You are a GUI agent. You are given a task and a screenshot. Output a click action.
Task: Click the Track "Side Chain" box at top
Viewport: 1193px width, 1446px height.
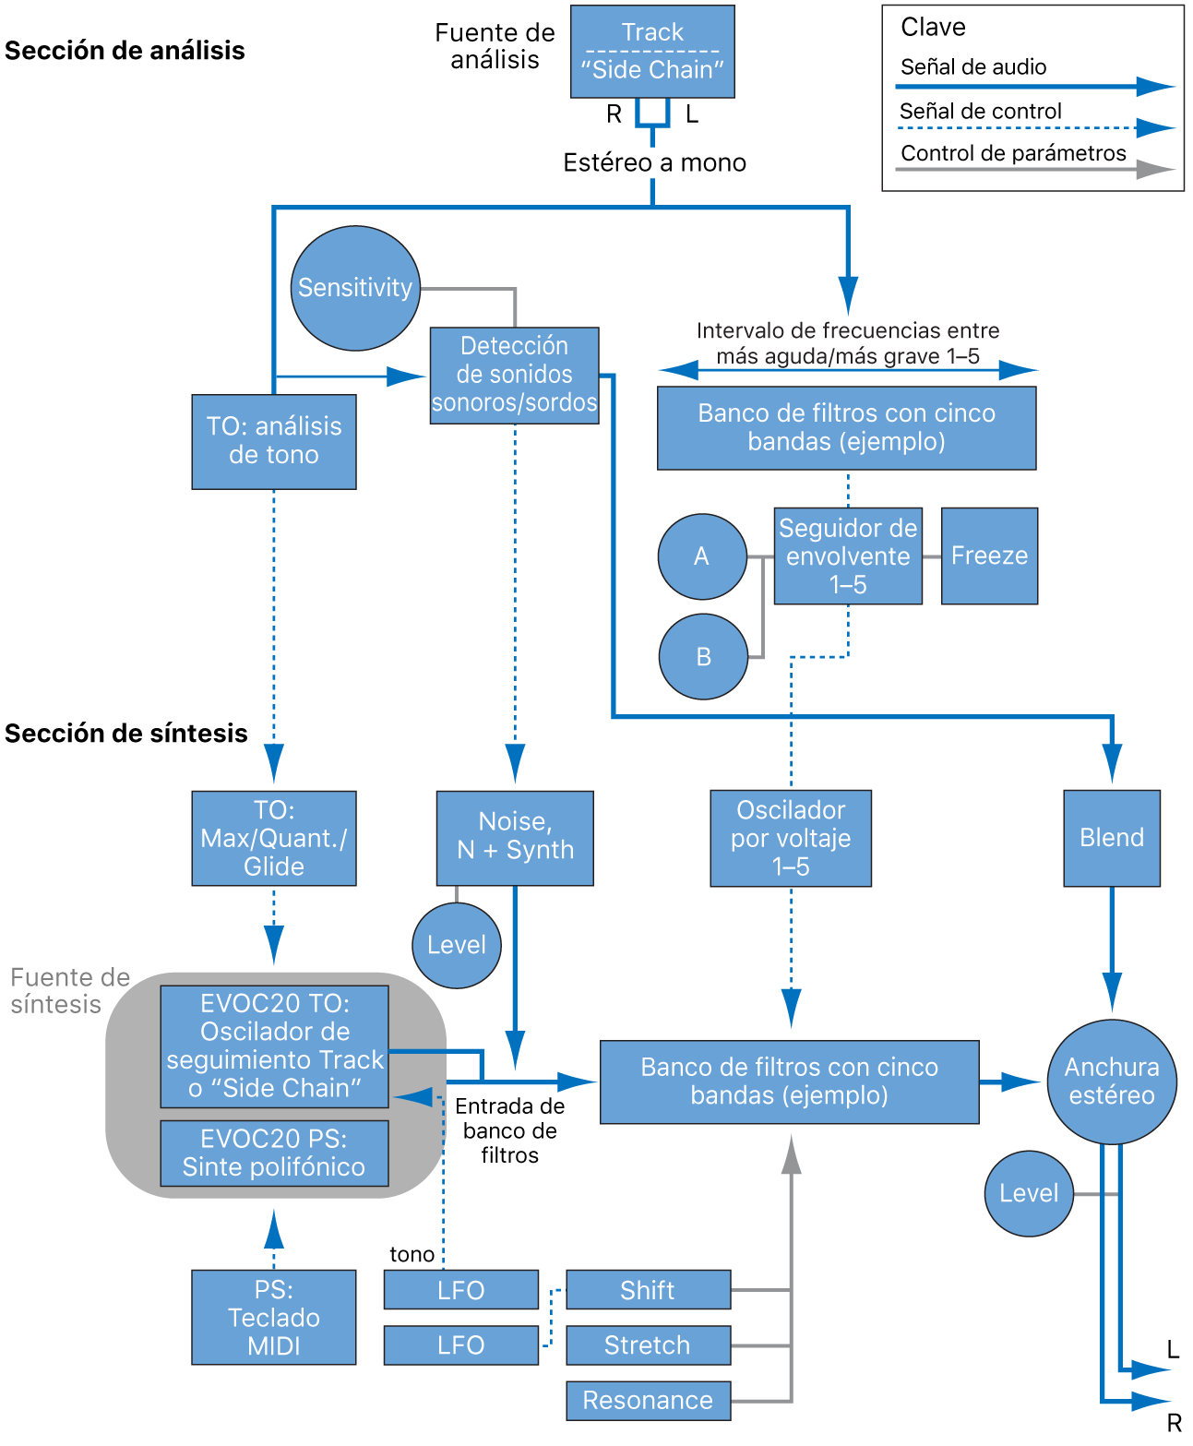pos(652,52)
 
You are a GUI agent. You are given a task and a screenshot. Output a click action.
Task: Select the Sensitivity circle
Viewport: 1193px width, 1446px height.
pos(355,288)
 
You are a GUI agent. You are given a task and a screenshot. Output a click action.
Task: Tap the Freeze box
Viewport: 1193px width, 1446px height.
pos(989,556)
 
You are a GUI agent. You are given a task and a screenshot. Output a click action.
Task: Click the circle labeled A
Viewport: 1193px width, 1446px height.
pos(702,556)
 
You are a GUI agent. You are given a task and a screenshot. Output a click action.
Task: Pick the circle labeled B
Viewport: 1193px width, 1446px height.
pos(703,656)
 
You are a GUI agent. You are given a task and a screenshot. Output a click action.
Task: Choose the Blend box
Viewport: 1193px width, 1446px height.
pos(1112,838)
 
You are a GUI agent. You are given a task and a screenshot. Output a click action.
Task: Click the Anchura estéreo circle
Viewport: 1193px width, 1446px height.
pos(1112,1081)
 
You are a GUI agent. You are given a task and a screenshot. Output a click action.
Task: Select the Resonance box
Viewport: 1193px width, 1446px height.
pos(648,1400)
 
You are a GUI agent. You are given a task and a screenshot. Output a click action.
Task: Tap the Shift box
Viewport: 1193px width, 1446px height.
pos(648,1289)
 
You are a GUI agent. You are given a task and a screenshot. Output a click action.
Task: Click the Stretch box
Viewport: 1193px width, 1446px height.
pos(648,1344)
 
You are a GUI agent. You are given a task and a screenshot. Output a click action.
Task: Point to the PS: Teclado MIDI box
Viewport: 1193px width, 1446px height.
pos(274,1317)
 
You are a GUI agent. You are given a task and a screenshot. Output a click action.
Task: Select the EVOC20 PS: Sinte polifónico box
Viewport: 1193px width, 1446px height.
pos(274,1153)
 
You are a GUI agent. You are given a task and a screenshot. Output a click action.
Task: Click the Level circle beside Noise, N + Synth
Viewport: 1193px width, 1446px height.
pos(457,945)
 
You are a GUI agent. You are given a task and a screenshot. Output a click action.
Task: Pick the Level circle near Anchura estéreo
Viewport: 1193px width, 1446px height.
pos(1029,1193)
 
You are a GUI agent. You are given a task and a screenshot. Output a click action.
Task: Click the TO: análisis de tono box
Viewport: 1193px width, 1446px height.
pos(274,441)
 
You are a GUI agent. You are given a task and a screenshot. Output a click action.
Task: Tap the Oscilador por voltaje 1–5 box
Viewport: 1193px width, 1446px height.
pos(791,838)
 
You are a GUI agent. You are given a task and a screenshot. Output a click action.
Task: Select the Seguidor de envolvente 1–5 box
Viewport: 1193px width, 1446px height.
pos(848,556)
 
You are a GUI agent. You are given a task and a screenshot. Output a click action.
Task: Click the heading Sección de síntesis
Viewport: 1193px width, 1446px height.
pos(126,733)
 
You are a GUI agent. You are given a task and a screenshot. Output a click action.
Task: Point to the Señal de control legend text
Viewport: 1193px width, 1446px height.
pos(980,111)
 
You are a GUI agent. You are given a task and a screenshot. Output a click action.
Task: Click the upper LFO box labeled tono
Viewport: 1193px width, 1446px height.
pos(460,1289)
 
